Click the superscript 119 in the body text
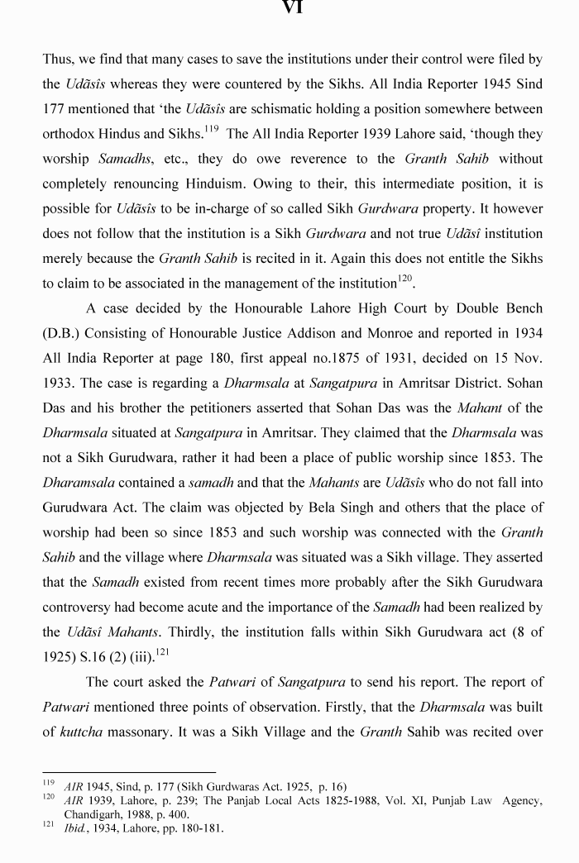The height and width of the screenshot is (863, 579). pos(213,129)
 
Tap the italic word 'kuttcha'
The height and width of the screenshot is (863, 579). pos(81,732)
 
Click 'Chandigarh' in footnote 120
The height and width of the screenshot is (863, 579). pos(74,814)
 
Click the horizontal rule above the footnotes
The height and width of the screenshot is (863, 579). pos(128,773)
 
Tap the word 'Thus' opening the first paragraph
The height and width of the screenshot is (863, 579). pos(59,60)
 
